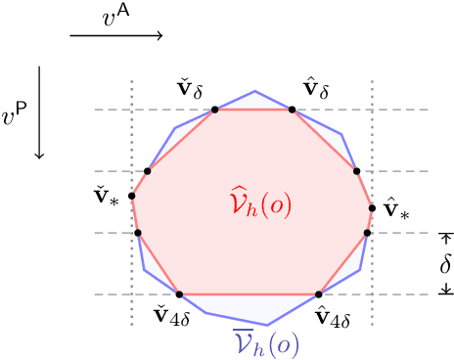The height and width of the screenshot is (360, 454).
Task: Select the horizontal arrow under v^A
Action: (x=116, y=37)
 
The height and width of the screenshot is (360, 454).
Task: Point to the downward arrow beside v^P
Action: (x=39, y=112)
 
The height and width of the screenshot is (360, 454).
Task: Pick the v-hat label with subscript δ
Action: (x=316, y=90)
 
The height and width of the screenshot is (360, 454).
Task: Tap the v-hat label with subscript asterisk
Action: (x=395, y=208)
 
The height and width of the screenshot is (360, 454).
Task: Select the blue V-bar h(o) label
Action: (x=265, y=342)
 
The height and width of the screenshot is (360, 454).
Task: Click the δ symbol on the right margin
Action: (x=445, y=263)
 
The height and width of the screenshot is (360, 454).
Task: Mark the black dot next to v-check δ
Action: (x=215, y=109)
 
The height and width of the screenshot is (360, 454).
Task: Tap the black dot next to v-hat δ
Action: (x=291, y=109)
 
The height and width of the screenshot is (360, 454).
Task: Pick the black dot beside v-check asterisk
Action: (x=131, y=196)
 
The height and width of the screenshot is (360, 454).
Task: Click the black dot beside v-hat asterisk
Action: (x=372, y=207)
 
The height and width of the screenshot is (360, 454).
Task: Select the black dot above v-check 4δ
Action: (x=179, y=293)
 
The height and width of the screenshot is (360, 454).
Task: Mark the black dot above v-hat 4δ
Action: (x=320, y=293)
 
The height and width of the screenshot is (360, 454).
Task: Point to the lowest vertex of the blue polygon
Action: (x=266, y=325)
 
